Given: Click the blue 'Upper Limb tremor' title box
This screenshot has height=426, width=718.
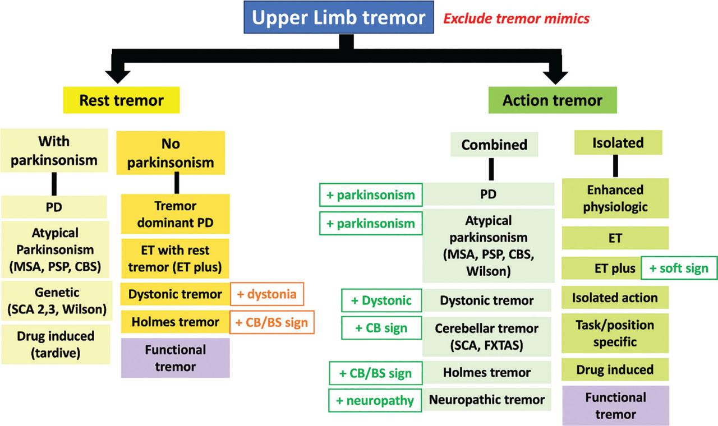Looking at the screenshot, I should point(338,18).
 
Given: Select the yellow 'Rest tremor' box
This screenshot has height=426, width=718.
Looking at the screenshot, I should point(122,101).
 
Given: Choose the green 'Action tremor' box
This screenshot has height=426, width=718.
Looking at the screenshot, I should point(552,101).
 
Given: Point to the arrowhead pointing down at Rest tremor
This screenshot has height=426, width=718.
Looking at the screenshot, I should point(122,72).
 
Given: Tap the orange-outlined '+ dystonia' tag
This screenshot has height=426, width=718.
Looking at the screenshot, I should point(266,294).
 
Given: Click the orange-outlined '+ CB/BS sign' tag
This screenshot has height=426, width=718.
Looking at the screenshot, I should point(271,322).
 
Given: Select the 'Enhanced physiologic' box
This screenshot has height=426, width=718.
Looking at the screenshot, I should point(615,198).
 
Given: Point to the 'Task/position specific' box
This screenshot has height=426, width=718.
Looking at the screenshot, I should point(615,334).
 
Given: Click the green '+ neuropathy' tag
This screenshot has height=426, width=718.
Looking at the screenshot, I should point(375,400).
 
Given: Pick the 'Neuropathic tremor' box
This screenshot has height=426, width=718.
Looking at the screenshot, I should point(486,400).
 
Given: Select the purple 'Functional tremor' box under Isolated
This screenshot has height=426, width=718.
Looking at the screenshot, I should point(615,406).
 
